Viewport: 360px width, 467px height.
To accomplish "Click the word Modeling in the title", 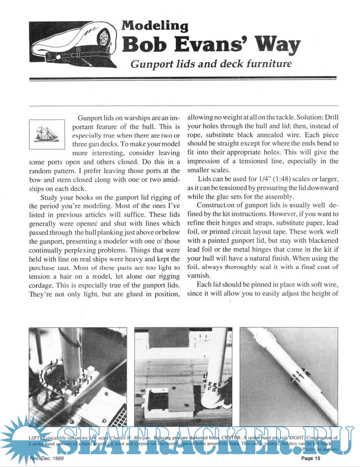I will [155, 26].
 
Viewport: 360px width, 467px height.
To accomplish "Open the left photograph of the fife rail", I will [78, 377].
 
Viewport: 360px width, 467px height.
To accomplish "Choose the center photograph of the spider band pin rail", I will [183, 377].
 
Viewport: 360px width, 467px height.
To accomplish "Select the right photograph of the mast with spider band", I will [288, 377].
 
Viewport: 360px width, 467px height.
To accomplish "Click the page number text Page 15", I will [310, 459].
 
